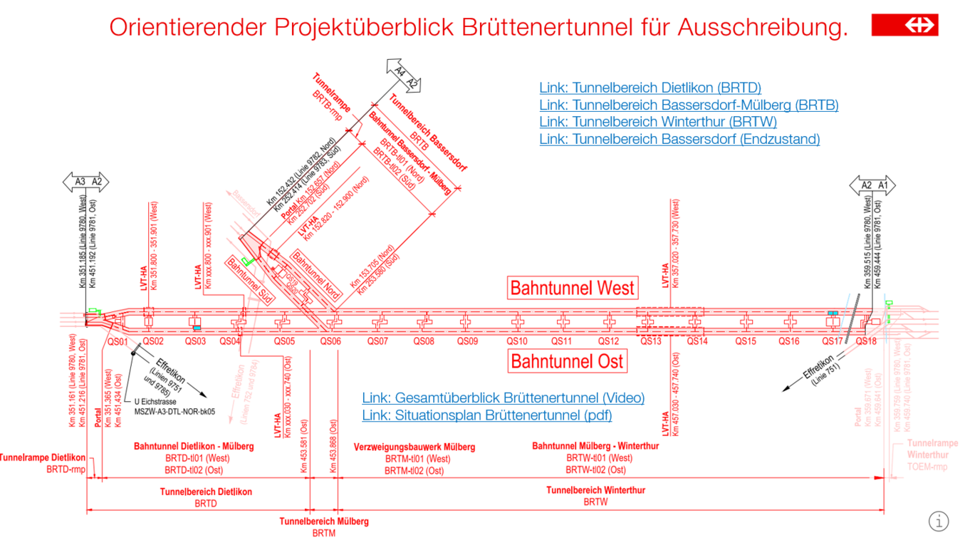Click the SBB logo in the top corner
pos(904,25)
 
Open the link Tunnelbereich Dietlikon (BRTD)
pos(650,88)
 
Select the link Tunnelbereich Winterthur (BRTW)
pos(657,122)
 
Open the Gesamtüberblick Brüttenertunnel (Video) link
pos(503,398)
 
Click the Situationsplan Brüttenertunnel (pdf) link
pos(486,415)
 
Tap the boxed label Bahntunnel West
pos(572,288)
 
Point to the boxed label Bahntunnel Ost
pos(567,361)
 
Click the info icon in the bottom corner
pos(939,521)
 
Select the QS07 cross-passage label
pos(377,341)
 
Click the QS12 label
pos(608,341)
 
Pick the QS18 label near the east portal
pos(866,341)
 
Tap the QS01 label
pos(118,341)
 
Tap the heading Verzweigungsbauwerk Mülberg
pos(414,447)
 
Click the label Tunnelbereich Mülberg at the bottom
pos(324,521)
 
